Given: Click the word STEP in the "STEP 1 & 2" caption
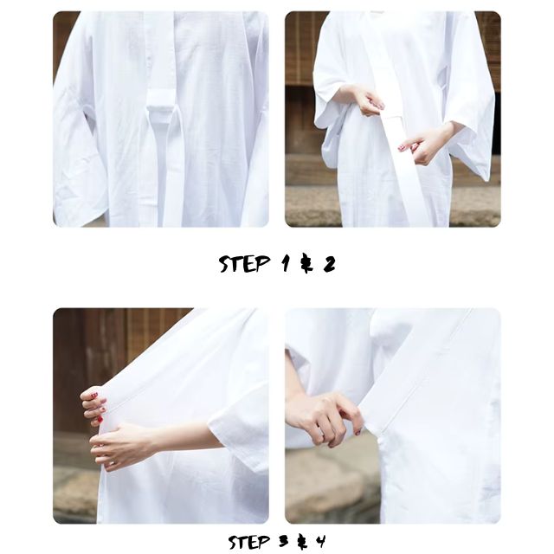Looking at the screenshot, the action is click(244, 263).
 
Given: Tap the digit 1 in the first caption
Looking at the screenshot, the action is click(286, 263).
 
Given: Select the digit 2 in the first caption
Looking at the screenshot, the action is click(329, 264).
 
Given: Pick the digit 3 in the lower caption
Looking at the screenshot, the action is click(283, 541).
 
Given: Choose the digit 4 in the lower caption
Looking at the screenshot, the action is click(320, 541).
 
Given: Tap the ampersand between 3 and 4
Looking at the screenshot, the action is click(302, 542).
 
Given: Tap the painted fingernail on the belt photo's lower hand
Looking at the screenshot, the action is click(401, 148).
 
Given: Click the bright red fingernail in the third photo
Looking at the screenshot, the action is click(100, 419).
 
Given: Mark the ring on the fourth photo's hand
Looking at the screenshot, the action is click(321, 430).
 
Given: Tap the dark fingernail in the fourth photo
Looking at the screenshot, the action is click(358, 432).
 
